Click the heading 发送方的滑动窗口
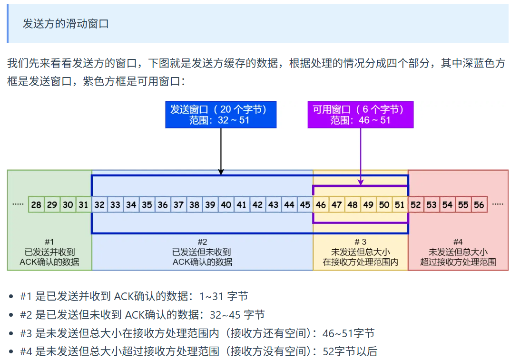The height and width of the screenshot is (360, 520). pos(66,23)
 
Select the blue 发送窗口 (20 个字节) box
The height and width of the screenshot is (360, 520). pos(221,115)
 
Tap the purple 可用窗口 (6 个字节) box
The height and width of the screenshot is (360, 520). pos(360,115)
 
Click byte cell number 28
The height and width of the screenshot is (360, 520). pos(36,205)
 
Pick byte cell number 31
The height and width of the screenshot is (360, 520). pos(84,205)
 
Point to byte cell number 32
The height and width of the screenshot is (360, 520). pos(99,205)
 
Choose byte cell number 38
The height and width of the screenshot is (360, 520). pos(194,205)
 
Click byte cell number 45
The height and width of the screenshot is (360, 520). pos(305,205)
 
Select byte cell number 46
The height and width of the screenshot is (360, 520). pos(321,205)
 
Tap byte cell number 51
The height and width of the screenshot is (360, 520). pos(400,205)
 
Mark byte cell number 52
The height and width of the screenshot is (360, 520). pos(416,205)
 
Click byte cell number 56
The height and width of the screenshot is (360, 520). pos(479,205)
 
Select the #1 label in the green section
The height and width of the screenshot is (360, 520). pos(49,242)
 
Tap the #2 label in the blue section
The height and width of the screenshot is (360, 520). pos(202,242)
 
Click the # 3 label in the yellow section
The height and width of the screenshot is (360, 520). pos(360,242)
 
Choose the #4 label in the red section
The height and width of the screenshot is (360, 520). pos(458,242)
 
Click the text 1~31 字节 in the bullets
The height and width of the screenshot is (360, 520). pos(224,296)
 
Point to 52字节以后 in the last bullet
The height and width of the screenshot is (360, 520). pos(350,351)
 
